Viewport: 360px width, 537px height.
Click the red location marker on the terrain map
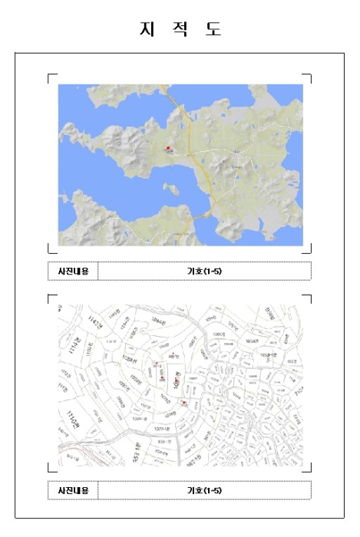[168, 148]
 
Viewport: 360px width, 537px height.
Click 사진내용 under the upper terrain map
[73, 271]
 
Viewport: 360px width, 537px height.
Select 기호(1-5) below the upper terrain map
[204, 271]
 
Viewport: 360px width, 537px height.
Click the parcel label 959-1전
[165, 441]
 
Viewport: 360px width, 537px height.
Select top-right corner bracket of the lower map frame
[309, 296]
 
